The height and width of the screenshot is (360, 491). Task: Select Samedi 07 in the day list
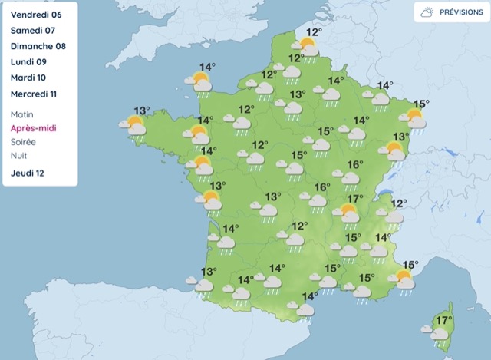(x=33, y=31)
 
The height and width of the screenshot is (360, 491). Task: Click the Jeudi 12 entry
(x=28, y=173)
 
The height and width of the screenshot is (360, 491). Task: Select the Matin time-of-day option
(x=23, y=114)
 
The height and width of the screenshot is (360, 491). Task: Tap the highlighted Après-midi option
(x=34, y=128)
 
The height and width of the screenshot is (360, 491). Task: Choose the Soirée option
(x=24, y=142)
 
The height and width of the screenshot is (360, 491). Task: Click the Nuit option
(x=20, y=156)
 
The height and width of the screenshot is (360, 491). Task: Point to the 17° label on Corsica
(x=443, y=320)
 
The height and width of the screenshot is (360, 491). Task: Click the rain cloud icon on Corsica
(x=437, y=334)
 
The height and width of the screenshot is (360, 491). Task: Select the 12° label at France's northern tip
(x=314, y=33)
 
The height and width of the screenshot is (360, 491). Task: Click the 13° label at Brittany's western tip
(x=141, y=111)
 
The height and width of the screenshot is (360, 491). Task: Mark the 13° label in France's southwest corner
(x=209, y=272)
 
